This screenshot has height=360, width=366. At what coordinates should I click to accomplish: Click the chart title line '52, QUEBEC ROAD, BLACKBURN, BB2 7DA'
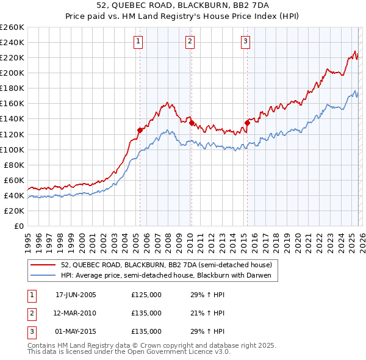click(x=182, y=5)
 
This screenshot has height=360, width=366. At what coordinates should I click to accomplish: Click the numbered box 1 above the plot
click(x=138, y=41)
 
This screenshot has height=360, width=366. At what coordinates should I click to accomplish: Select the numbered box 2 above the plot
click(x=190, y=41)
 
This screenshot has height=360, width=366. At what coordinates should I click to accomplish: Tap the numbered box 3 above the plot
click(x=245, y=41)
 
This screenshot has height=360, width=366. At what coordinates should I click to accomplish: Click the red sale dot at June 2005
click(x=140, y=130)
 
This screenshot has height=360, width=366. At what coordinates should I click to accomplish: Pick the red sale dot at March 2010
click(x=191, y=123)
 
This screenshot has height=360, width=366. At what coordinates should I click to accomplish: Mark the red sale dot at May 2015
click(x=247, y=123)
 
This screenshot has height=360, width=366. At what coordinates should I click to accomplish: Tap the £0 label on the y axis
click(x=18, y=226)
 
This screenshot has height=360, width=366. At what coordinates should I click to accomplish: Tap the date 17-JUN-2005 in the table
click(x=76, y=295)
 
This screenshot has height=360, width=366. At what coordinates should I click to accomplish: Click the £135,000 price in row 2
click(x=146, y=313)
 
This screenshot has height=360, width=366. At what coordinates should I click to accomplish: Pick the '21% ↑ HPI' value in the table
click(x=207, y=313)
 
